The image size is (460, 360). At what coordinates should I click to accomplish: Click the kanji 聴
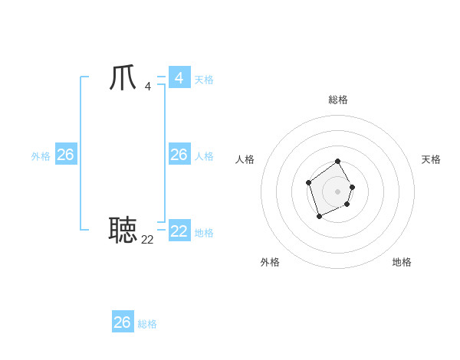click(x=123, y=229)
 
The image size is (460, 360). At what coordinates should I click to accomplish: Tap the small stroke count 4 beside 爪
click(x=147, y=86)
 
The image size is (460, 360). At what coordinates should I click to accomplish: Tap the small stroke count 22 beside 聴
click(x=147, y=239)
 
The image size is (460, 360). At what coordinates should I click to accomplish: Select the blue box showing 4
click(x=179, y=78)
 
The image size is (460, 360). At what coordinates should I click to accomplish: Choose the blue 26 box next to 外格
click(x=65, y=155)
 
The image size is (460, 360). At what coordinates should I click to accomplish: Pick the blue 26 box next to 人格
click(x=179, y=155)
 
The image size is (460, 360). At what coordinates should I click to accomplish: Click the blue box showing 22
click(x=179, y=231)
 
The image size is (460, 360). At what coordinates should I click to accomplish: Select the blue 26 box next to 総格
click(x=123, y=322)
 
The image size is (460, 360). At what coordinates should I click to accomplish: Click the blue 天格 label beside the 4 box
click(x=204, y=80)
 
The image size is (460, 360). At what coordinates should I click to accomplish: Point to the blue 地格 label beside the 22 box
click(x=204, y=232)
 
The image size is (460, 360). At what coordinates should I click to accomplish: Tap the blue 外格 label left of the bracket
click(x=41, y=156)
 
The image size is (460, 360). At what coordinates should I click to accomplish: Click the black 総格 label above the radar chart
click(x=338, y=100)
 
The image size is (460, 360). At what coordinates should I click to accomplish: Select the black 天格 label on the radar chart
click(x=431, y=159)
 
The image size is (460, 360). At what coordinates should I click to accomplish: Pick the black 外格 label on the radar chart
click(x=270, y=262)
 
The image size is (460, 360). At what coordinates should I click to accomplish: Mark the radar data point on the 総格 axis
click(x=338, y=162)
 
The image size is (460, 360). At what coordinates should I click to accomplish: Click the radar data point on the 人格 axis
click(x=308, y=182)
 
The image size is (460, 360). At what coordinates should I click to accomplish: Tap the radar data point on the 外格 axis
click(x=320, y=217)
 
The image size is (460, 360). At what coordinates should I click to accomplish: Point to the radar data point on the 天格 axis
click(x=352, y=187)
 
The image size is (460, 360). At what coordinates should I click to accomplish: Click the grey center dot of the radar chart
click(x=338, y=191)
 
